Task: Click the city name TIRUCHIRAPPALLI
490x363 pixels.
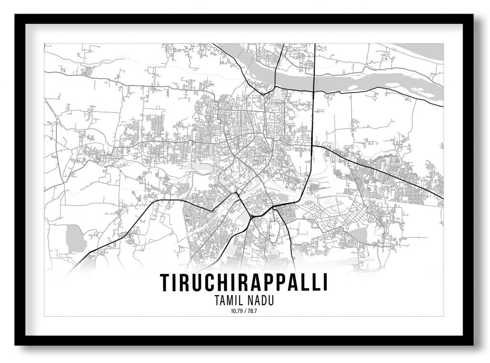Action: [x=244, y=283]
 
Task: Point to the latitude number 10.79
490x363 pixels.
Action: [x=236, y=311]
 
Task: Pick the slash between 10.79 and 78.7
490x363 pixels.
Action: [x=244, y=311]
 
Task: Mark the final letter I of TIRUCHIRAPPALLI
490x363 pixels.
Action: [x=325, y=283]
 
